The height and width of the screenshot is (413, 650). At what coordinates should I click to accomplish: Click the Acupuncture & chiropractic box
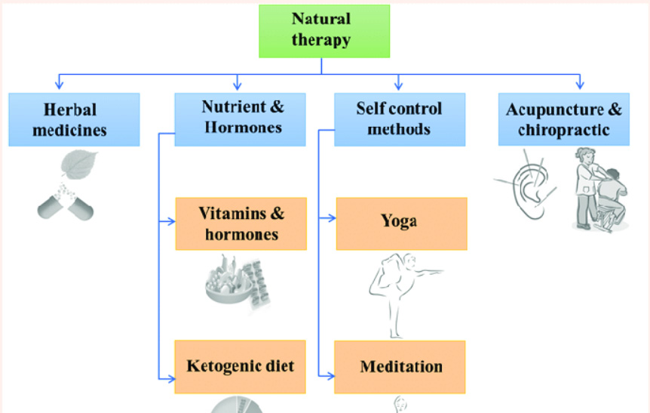point(563,119)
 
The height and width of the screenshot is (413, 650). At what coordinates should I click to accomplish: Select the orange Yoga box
point(402,223)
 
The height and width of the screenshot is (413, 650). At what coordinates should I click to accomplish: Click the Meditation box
point(402,367)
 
